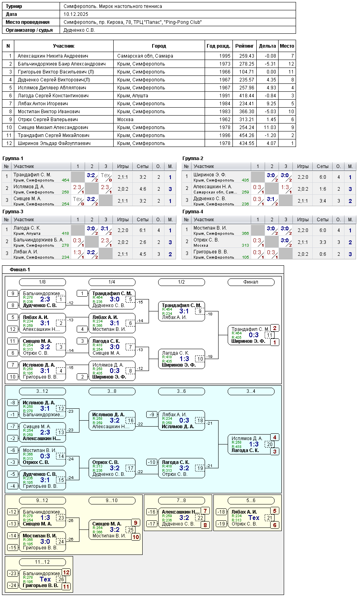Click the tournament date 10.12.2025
tap(76, 14)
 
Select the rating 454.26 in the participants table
tap(244, 135)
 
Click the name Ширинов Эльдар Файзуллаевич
tap(54, 143)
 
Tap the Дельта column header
tap(267, 46)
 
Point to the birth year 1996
tap(225, 135)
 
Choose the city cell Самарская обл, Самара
tap(145, 56)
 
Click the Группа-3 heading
tap(13, 212)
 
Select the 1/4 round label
tap(112, 282)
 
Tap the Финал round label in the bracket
tap(251, 282)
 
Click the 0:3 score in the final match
tap(254, 335)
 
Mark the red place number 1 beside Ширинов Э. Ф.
tap(275, 342)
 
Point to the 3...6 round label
tap(181, 391)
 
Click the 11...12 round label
tap(42, 562)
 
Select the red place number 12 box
tap(66, 572)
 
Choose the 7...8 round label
tap(181, 500)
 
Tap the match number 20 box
tap(269, 444)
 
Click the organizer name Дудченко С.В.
tap(79, 30)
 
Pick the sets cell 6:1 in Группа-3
tap(143, 230)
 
